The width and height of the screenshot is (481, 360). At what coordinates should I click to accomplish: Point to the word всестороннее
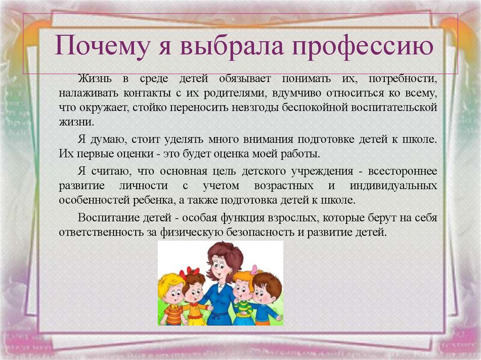403,170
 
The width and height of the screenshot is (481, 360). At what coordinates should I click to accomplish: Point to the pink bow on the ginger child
254,269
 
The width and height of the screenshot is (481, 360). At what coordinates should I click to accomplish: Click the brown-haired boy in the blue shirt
266,298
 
